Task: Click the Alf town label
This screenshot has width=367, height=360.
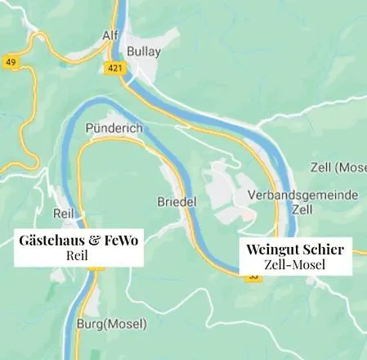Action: [x=110, y=37]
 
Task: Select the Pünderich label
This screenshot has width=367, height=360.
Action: [x=114, y=129]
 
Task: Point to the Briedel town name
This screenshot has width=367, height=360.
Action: [x=173, y=201]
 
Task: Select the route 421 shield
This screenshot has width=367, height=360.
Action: [x=114, y=68]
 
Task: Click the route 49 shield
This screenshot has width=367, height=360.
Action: [x=11, y=62]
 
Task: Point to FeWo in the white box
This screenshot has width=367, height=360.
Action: [x=121, y=240]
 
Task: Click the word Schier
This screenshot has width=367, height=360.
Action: [x=323, y=249]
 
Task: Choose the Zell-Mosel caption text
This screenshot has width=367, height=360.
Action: [x=295, y=264]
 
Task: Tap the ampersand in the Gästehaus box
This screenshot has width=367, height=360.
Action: [x=94, y=240]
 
